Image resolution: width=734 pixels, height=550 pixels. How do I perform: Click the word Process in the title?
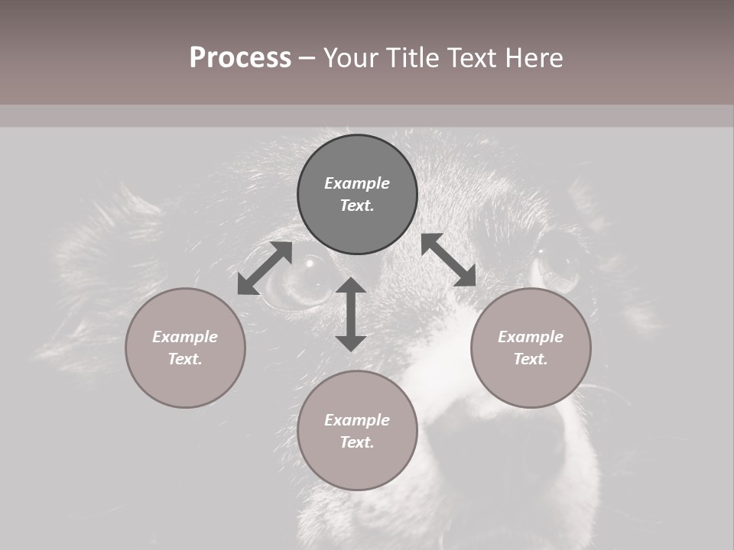point(240,58)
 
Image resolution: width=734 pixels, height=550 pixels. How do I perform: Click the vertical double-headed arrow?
point(351,314)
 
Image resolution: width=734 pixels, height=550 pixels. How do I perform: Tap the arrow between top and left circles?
point(265,268)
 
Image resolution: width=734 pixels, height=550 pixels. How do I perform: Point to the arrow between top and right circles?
point(449,260)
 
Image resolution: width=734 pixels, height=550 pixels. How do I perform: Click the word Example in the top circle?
point(357,183)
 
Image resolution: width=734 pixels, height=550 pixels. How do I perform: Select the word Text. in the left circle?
point(185,359)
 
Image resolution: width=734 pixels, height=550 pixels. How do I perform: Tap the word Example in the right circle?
point(531,337)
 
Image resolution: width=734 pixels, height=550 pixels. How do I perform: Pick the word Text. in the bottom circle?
point(357,442)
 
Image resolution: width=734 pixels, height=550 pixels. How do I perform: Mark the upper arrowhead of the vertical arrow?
point(351,286)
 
